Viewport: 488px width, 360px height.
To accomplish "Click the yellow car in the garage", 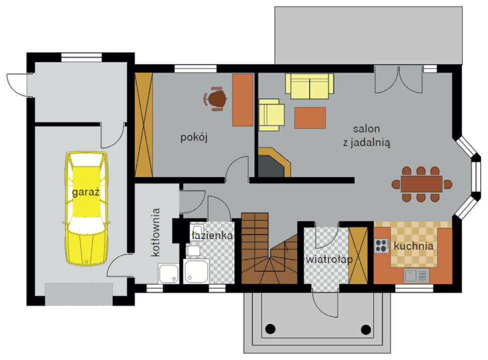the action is (x=86, y=208).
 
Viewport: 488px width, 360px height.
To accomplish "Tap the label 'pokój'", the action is (x=194, y=137).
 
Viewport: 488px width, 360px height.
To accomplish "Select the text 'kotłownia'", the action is (x=155, y=232).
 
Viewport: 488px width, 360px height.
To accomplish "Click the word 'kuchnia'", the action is (x=414, y=246).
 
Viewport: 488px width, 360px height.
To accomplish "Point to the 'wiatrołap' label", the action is (x=329, y=259).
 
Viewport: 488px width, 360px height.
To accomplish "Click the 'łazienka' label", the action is (x=212, y=236).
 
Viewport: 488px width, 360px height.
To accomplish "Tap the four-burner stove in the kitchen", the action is (x=381, y=245).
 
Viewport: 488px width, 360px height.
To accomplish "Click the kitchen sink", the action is (x=417, y=275).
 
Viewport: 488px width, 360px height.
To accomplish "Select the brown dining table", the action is (x=422, y=184).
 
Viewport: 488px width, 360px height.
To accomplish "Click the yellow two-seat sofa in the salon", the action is (x=310, y=86).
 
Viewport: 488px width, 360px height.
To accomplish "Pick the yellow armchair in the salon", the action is (x=271, y=115).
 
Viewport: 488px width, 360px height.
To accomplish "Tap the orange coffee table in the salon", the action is (x=310, y=118).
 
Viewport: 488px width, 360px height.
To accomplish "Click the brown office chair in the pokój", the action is (x=215, y=99).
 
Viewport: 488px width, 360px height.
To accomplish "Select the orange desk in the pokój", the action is (x=243, y=100).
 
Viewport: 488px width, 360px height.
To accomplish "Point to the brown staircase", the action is (x=270, y=249).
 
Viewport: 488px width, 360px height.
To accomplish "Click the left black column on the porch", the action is (x=270, y=329).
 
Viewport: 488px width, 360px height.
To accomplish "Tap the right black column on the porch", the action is (x=366, y=329).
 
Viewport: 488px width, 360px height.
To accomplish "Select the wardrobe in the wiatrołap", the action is (x=358, y=256).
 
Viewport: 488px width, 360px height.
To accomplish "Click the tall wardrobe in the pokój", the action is (x=143, y=125).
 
